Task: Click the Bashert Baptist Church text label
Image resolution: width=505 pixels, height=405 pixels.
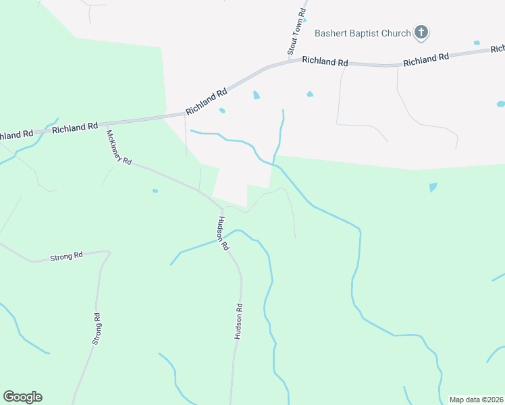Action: tap(363, 33)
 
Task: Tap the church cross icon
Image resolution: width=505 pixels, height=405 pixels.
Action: tap(421, 32)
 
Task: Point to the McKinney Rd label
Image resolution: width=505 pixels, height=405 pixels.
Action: tap(117, 148)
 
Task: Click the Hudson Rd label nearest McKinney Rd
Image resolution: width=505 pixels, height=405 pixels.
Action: tap(221, 234)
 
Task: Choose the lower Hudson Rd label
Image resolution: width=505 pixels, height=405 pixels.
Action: tap(238, 321)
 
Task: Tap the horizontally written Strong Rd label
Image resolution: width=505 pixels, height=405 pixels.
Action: tap(66, 256)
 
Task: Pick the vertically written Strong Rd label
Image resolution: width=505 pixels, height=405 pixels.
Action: tap(97, 329)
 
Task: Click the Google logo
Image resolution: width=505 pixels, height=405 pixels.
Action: tap(22, 397)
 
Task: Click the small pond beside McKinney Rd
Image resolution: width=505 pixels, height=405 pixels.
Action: tap(155, 191)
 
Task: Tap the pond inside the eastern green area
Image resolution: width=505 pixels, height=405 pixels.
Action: tap(433, 187)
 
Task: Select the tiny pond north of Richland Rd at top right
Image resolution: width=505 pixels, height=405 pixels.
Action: tap(477, 43)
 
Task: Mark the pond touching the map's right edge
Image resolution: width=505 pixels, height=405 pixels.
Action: tap(501, 104)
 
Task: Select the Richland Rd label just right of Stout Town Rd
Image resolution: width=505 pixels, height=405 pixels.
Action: tap(325, 61)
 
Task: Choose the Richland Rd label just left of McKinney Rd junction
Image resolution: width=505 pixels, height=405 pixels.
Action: tap(75, 127)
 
